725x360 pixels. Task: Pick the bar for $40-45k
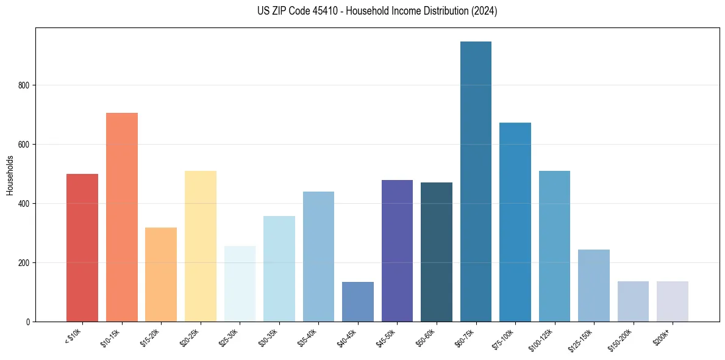tap(358, 301)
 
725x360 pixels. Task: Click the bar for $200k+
tap(672, 301)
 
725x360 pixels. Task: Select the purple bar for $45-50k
tap(397, 251)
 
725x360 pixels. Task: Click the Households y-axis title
tap(10, 175)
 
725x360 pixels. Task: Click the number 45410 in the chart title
tap(332, 11)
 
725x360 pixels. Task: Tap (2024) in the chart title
tap(484, 11)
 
